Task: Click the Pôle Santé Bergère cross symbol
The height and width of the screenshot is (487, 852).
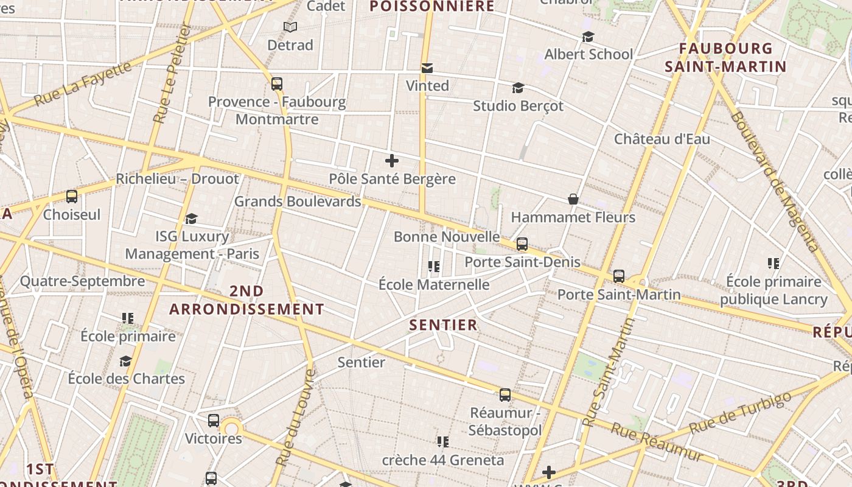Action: [x=392, y=161]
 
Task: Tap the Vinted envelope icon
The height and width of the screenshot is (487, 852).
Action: [x=427, y=68]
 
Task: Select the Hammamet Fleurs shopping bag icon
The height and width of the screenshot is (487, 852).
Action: [x=573, y=199]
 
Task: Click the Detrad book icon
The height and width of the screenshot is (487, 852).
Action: [x=290, y=27]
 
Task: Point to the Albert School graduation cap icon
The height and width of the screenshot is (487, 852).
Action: [x=588, y=37]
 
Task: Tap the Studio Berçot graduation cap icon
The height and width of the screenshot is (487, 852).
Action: [x=518, y=88]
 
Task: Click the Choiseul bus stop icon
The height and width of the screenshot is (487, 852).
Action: [x=72, y=196]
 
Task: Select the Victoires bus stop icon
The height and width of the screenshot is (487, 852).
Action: [x=214, y=420]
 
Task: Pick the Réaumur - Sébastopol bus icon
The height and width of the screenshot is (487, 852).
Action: [x=505, y=394]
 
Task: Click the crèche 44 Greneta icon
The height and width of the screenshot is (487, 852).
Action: [x=442, y=441]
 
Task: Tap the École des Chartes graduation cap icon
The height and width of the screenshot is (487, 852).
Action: [x=125, y=361]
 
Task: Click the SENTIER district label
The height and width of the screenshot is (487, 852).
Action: [x=443, y=325]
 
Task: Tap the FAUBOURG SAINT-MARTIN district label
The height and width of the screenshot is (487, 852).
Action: [x=725, y=57]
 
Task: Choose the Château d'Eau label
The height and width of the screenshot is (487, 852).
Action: [x=662, y=139]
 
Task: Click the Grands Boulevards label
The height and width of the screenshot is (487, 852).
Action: [x=298, y=201]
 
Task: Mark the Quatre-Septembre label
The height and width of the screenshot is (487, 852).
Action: [x=83, y=281]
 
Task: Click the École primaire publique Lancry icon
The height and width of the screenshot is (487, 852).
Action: [x=773, y=264]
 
